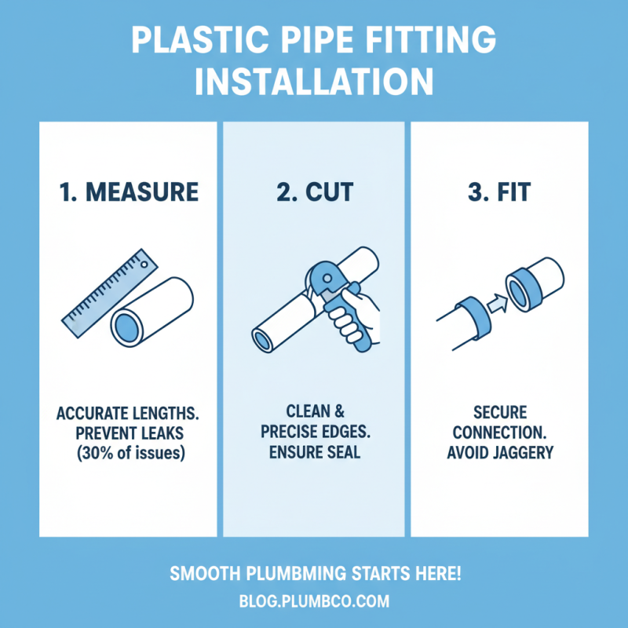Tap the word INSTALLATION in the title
pyautogui.click(x=314, y=81)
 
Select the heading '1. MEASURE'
pyautogui.click(x=129, y=191)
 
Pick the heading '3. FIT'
pyautogui.click(x=499, y=191)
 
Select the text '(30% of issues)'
pyautogui.click(x=129, y=453)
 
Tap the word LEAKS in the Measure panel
pyautogui.click(x=167, y=433)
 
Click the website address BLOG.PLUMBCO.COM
pyautogui.click(x=314, y=602)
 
